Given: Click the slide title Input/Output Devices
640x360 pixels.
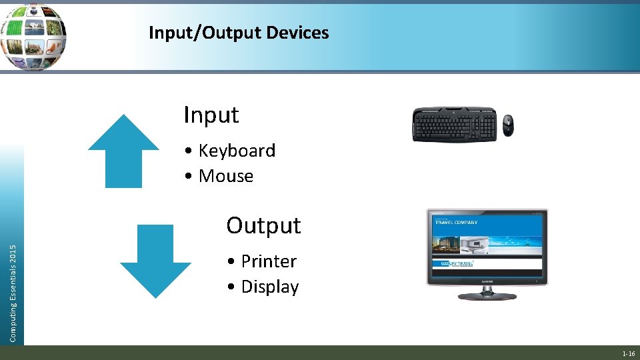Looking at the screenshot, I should coord(239,33).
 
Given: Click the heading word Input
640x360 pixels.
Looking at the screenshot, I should coord(211,115).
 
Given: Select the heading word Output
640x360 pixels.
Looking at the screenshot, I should coord(263,225).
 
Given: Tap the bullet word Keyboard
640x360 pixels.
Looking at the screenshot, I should coord(237,151).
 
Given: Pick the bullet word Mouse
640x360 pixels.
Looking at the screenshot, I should coord(226,176).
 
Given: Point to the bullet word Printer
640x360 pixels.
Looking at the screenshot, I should coord(269,261).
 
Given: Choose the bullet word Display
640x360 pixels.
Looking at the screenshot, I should coord(270,287).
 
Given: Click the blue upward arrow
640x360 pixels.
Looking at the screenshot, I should coord(124,151).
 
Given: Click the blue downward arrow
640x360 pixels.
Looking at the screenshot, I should coord(155,261).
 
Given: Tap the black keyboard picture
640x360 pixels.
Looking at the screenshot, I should coord(455,124).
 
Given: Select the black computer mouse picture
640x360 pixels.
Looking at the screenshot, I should coord(509,125).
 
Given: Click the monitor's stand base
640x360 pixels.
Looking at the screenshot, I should coord(487,295).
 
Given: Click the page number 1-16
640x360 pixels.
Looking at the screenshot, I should coord(628,353).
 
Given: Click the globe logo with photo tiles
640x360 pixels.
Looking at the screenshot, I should coord(33,36).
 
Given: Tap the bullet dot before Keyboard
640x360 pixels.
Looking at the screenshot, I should coord(190,151).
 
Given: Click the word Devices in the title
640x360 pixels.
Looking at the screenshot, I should coord(297,33).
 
